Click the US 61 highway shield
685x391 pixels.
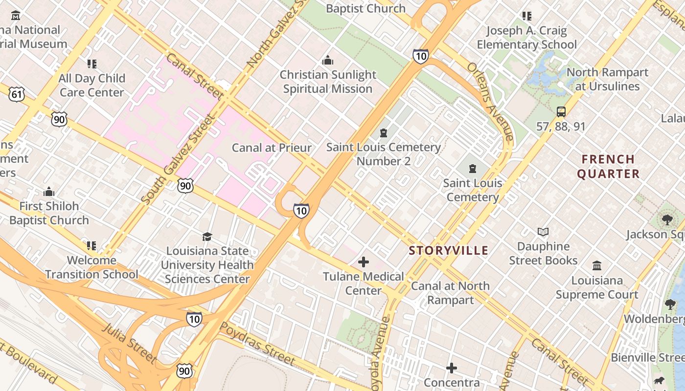pyautogui.click(x=17, y=94)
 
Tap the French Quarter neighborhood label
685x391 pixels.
pyautogui.click(x=608, y=167)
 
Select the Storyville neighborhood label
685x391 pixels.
pyautogui.click(x=449, y=251)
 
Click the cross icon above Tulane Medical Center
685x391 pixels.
pyautogui.click(x=364, y=262)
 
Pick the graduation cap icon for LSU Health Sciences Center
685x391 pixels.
pyautogui.click(x=207, y=237)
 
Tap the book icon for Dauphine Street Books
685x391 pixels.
pyautogui.click(x=543, y=232)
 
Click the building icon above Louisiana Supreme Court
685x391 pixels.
pyautogui.click(x=597, y=266)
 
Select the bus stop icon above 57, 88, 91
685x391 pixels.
pyautogui.click(x=561, y=111)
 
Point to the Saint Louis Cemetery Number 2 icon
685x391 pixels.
pyautogui.click(x=384, y=133)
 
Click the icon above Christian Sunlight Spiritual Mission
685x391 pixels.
pyautogui.click(x=327, y=61)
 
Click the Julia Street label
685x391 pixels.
pyautogui.click(x=129, y=343)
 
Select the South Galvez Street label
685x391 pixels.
pyautogui.click(x=178, y=159)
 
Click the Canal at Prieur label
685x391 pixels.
pyautogui.click(x=272, y=148)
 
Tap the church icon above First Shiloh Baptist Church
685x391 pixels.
pyautogui.click(x=49, y=192)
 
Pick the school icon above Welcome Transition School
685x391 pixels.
pyautogui.click(x=91, y=245)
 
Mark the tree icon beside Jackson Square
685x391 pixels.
pyautogui.click(x=667, y=220)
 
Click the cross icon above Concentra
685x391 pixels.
pyautogui.click(x=452, y=368)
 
